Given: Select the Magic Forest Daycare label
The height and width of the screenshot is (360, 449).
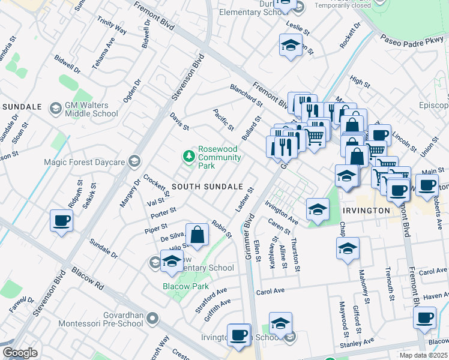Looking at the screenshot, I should [x=84, y=161].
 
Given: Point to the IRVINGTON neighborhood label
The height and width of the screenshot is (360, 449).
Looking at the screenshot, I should [x=367, y=211].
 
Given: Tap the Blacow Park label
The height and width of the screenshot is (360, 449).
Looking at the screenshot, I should [x=185, y=286].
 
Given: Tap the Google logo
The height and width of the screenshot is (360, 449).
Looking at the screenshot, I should [x=20, y=353].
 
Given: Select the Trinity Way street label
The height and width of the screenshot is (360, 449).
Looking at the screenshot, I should [x=112, y=26].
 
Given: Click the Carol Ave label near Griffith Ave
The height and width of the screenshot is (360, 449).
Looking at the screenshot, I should [x=269, y=292].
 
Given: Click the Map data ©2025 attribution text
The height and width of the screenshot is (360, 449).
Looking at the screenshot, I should [x=424, y=355].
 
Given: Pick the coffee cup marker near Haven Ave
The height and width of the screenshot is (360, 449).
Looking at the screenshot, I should [x=425, y=317].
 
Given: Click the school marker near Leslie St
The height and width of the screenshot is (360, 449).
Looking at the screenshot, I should [x=291, y=45].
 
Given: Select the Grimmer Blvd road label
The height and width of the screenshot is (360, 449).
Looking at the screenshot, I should [x=249, y=223].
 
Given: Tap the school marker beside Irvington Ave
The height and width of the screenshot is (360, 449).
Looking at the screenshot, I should [x=318, y=209].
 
